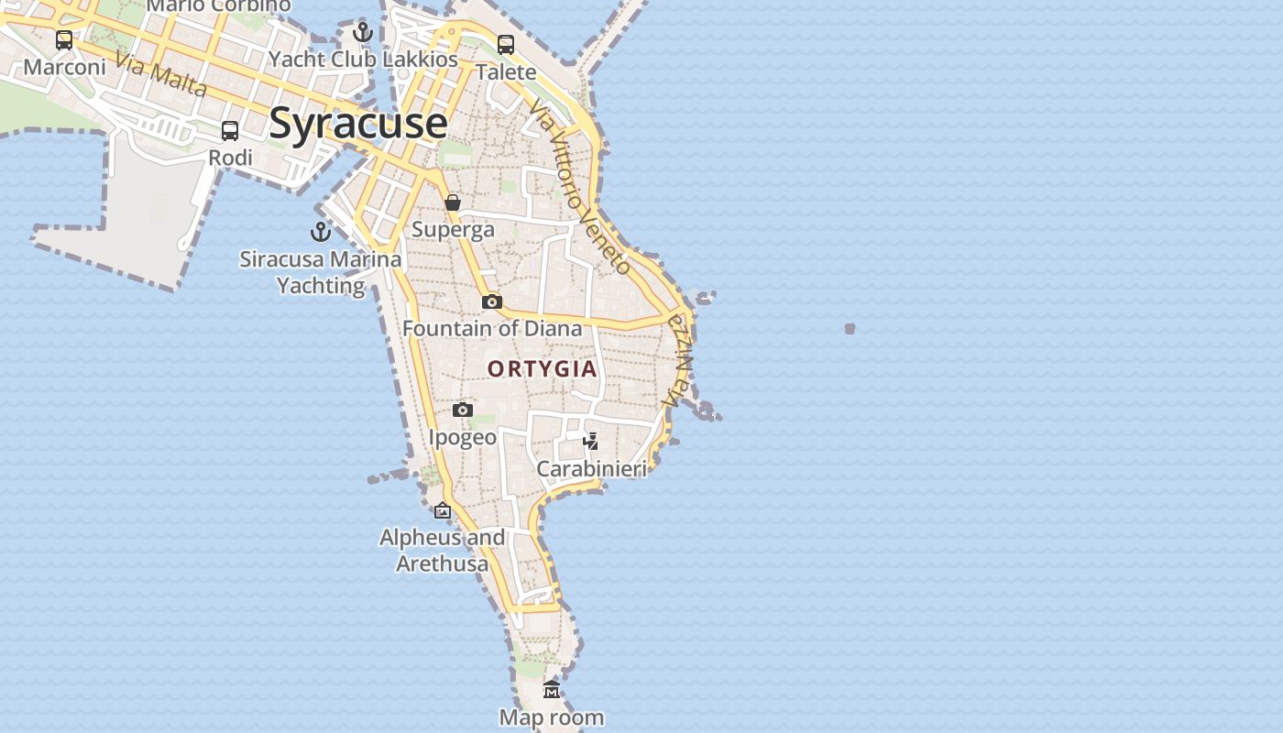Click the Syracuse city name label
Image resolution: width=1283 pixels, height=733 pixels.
click(x=358, y=123)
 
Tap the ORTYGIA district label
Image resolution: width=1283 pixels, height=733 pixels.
click(x=543, y=369)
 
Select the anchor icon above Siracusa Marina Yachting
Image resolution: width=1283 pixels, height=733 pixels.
click(x=321, y=232)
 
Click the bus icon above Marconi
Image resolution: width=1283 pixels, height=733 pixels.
click(x=64, y=40)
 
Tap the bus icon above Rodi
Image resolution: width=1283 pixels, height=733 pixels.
click(x=230, y=131)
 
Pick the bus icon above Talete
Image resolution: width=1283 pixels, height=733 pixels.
click(x=506, y=44)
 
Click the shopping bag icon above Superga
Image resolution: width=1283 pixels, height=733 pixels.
click(x=453, y=202)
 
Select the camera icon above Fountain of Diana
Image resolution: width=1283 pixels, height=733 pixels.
click(x=492, y=301)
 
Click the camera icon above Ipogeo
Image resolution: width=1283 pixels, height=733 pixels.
click(x=463, y=410)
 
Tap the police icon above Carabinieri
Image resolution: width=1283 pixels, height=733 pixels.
click(x=591, y=442)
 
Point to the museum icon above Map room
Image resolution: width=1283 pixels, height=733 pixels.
click(x=552, y=690)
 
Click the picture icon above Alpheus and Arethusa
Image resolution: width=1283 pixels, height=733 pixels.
click(x=443, y=510)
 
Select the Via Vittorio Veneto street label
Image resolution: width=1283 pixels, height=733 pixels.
click(x=580, y=186)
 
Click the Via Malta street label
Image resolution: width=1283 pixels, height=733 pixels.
click(x=161, y=77)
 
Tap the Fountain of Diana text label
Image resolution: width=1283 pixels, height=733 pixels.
click(x=492, y=328)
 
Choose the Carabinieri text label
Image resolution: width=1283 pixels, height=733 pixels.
click(x=591, y=469)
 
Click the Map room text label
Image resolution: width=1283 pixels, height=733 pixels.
click(x=552, y=717)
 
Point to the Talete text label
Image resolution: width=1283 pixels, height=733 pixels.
click(x=506, y=71)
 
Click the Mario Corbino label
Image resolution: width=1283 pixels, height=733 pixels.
click(x=218, y=5)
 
